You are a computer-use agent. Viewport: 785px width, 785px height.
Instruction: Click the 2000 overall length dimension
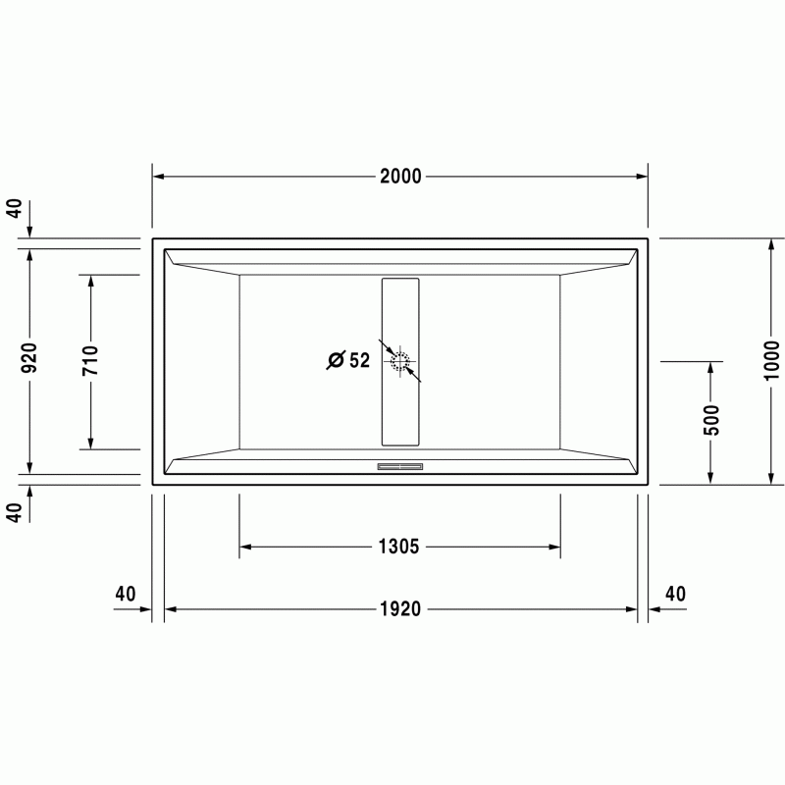(x=400, y=177)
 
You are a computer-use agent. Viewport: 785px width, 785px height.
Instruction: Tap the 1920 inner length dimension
(x=400, y=608)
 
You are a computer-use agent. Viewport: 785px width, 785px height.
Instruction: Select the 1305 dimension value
(x=398, y=547)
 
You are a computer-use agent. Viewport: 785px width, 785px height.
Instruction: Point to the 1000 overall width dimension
(x=771, y=360)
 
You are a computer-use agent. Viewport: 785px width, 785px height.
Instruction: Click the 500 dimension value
(x=710, y=421)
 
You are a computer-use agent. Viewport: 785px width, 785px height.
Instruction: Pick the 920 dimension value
(x=30, y=357)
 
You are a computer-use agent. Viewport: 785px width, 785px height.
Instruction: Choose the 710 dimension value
(x=90, y=360)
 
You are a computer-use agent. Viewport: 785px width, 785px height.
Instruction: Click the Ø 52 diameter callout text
(x=348, y=360)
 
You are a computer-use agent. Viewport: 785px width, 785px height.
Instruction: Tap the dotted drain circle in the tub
(x=400, y=361)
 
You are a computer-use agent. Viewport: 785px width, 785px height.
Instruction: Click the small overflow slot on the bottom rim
(x=400, y=467)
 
